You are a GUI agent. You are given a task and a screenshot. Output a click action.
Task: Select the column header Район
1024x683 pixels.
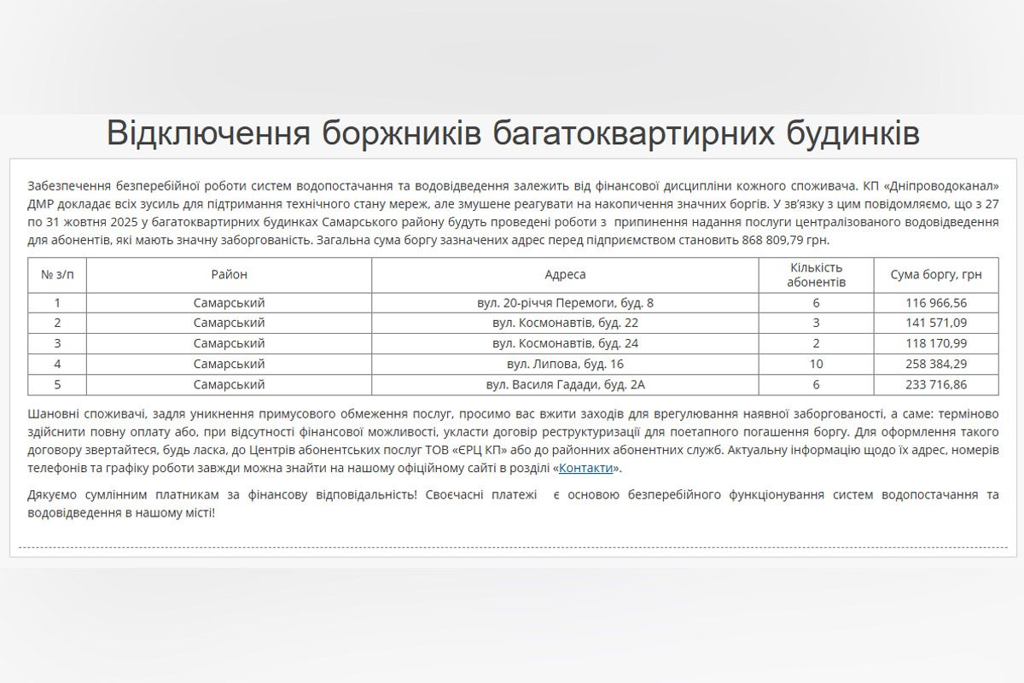coord(229,275)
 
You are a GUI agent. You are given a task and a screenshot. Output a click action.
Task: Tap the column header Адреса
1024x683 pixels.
coord(565,275)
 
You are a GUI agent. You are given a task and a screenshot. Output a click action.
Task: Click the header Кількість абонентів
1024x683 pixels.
coord(816,275)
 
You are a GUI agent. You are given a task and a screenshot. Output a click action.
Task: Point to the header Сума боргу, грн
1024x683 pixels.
coord(936,275)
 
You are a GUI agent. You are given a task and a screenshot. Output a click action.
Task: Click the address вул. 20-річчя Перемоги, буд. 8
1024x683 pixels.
coord(565,303)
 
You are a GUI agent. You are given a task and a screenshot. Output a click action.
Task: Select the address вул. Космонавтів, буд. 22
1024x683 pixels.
coord(565,324)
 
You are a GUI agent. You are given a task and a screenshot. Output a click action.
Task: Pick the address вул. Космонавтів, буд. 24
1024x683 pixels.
coord(565,344)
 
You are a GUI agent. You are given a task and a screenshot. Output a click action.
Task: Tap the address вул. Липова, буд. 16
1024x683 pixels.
coord(565,365)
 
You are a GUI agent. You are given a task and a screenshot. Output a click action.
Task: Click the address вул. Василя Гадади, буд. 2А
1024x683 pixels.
coord(565,385)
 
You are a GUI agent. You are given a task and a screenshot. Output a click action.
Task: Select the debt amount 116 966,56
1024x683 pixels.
coord(936,303)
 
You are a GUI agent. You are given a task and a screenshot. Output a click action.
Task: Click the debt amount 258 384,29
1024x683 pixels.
coord(936,365)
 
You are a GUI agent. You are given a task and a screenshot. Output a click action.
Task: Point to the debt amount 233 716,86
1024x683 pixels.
coord(936,385)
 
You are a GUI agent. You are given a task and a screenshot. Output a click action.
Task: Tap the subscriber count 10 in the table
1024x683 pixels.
coord(816,365)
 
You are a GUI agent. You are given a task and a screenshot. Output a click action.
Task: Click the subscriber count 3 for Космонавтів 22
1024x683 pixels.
coord(816,324)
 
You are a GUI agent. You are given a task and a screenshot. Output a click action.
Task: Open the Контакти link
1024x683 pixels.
coord(586,469)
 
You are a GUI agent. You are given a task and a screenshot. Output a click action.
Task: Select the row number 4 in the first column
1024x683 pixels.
coord(57,365)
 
